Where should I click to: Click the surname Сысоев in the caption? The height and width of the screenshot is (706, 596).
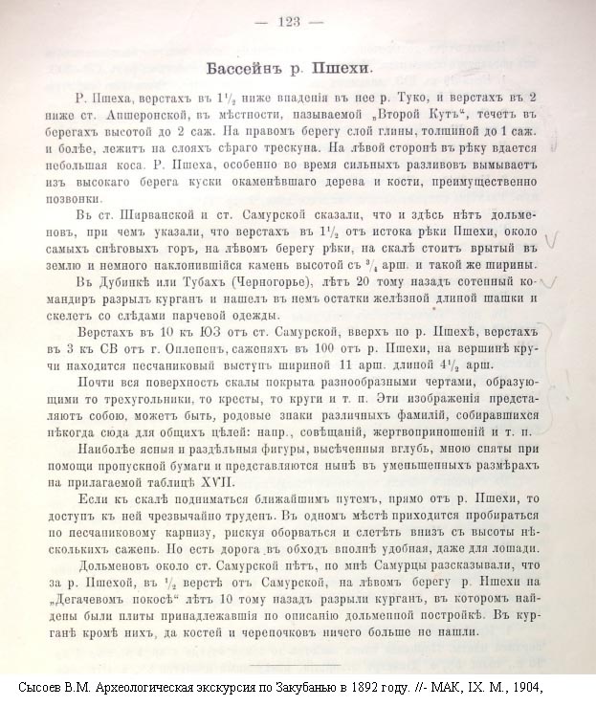click(44, 687)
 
